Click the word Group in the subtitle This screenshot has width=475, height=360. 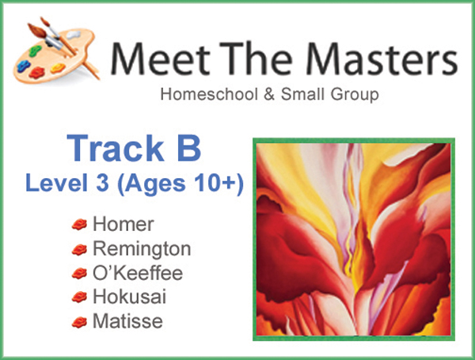point(354,97)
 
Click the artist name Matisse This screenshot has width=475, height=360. point(125,322)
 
